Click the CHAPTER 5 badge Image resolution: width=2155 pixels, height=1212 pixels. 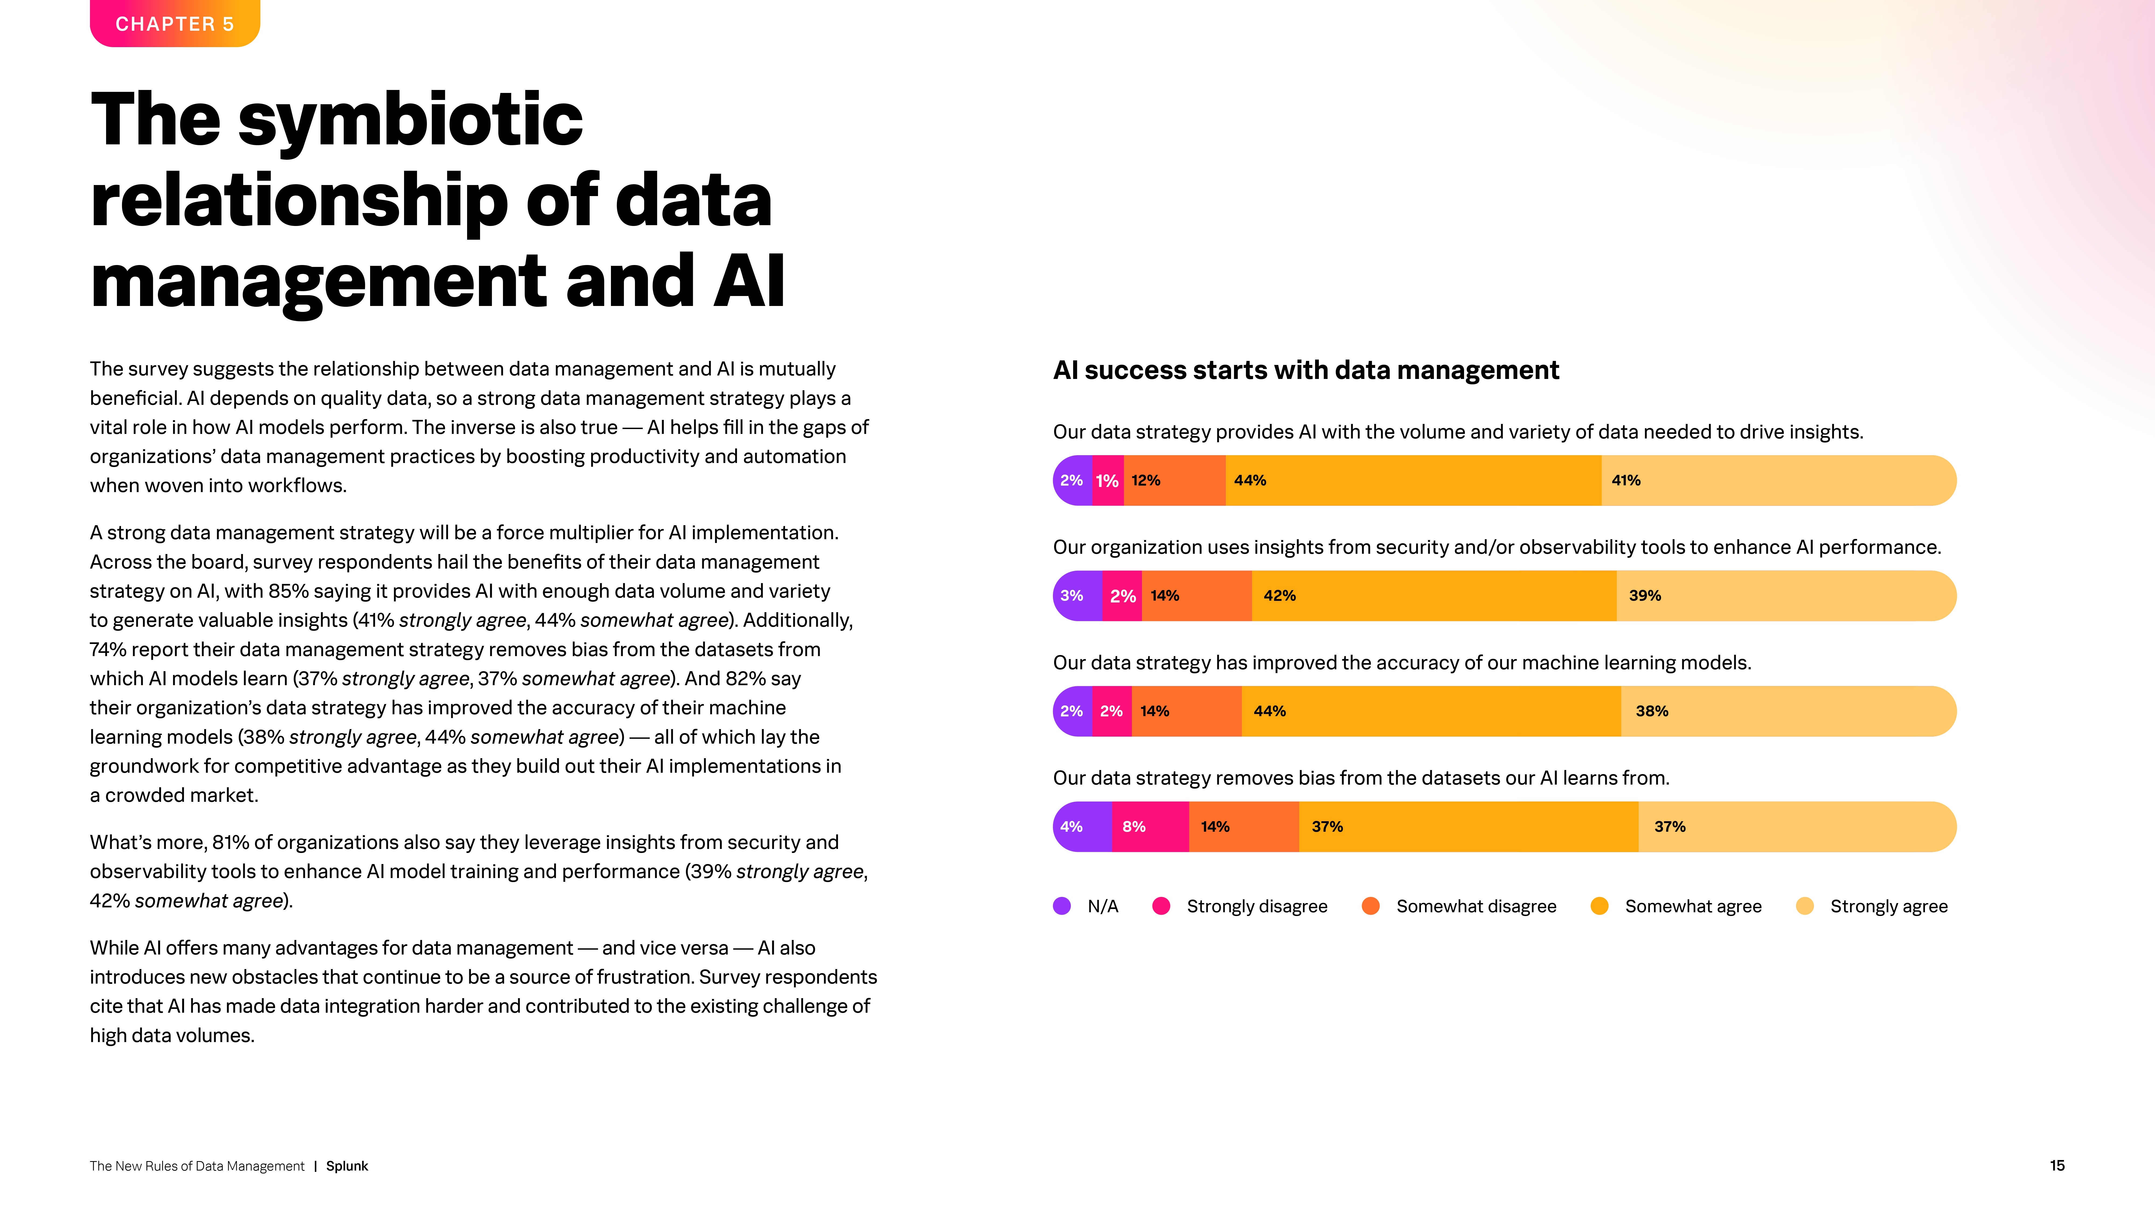click(x=175, y=23)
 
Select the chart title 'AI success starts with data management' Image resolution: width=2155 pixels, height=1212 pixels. click(x=1305, y=370)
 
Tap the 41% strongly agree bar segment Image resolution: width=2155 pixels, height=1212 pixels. click(x=1778, y=480)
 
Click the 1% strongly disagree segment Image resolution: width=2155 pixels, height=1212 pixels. click(x=1108, y=480)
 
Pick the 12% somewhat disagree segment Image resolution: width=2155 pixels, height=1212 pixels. click(x=1174, y=480)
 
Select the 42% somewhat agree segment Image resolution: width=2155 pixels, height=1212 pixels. click(x=1434, y=595)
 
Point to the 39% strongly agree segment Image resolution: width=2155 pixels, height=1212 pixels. click(x=1785, y=595)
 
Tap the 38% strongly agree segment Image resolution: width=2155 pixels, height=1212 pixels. click(x=1788, y=711)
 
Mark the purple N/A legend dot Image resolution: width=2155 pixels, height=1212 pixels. click(x=1062, y=906)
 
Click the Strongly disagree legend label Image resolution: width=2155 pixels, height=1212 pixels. click(x=1257, y=906)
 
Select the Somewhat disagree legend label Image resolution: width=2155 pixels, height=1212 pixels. click(x=1476, y=906)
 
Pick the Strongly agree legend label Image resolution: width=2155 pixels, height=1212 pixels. click(x=1888, y=906)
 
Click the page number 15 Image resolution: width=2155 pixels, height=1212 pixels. click(x=2057, y=1165)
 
